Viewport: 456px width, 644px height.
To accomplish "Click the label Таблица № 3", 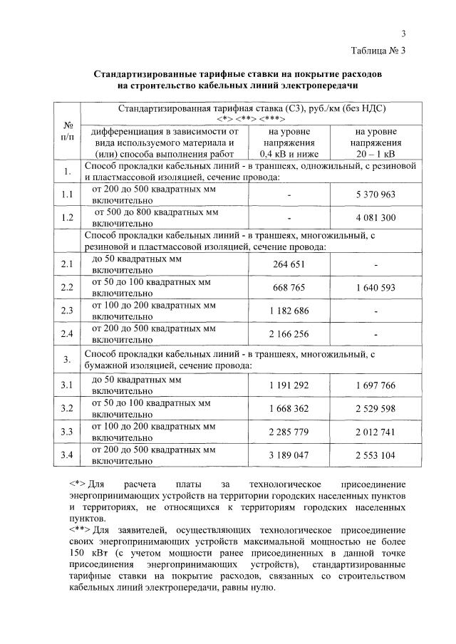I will pyautogui.click(x=378, y=51).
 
